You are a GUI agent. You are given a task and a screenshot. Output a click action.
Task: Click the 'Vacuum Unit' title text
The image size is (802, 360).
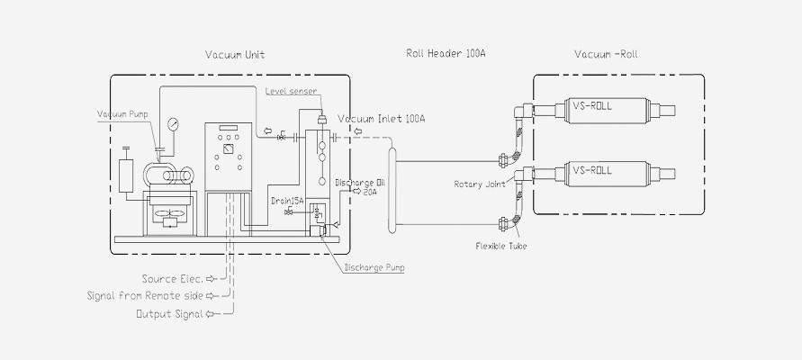(x=234, y=55)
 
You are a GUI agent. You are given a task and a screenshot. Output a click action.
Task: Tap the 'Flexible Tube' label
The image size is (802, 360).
(x=501, y=245)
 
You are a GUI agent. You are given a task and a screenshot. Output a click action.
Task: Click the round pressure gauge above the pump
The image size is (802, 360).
(x=171, y=122)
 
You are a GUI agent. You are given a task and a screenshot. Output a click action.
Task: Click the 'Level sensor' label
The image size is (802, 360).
(x=290, y=91)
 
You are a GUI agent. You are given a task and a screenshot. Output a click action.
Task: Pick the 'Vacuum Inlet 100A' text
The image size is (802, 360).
(x=382, y=118)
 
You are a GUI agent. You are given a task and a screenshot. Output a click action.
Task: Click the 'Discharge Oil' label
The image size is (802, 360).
(x=361, y=182)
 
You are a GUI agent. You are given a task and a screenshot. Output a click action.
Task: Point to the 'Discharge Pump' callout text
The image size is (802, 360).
(x=374, y=266)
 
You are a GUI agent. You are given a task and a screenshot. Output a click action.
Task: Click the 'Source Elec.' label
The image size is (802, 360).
(x=173, y=279)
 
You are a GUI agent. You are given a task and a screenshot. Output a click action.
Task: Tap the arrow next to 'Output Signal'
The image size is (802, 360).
(x=212, y=314)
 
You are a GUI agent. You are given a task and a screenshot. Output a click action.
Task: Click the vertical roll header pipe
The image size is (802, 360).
(x=392, y=193)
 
